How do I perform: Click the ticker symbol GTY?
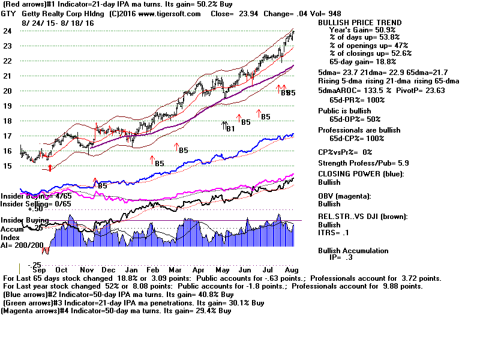click(x=8, y=14)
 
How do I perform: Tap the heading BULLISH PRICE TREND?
click(x=359, y=23)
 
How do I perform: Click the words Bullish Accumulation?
click(x=353, y=251)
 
